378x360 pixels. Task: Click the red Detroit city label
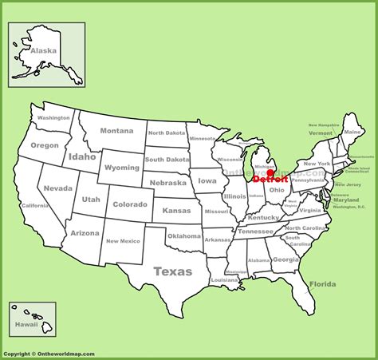pos(270,180)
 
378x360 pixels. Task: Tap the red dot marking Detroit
pos(270,172)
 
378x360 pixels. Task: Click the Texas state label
pos(173,271)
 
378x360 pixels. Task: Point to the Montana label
pos(116,131)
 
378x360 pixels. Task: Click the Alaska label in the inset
pos(43,51)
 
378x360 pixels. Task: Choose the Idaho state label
pos(82,156)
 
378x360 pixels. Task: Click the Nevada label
pos(58,188)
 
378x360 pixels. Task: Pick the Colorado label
pos(129,204)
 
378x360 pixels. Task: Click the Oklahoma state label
pos(184,236)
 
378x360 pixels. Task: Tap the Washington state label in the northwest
pos(54,118)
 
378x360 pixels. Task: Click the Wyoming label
pos(121,168)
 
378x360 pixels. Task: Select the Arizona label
pos(85,233)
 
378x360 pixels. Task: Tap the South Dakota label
pos(167,159)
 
